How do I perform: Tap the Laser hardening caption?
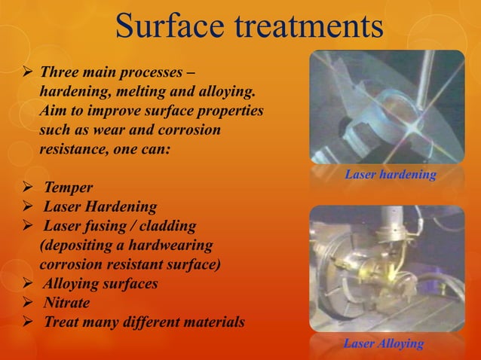tap(390, 175)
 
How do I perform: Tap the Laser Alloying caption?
tap(383, 344)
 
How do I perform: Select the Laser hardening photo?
tap(387, 107)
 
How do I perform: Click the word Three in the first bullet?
tap(60, 74)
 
